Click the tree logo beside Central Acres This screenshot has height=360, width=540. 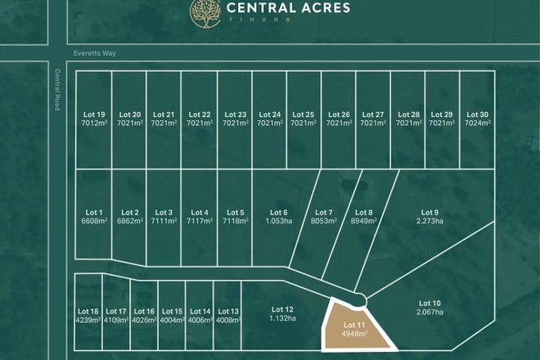pyautogui.click(x=205, y=11)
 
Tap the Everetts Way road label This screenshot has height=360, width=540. pyautogui.click(x=95, y=52)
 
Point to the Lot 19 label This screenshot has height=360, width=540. pyautogui.click(x=95, y=115)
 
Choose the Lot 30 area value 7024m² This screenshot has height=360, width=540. pyautogui.click(x=477, y=123)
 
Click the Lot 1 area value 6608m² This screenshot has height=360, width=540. pyautogui.click(x=95, y=221)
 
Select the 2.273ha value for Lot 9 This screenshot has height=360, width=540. pyautogui.click(x=430, y=221)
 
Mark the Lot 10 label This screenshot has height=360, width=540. pyautogui.click(x=430, y=303)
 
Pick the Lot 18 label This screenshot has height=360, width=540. pyautogui.click(x=88, y=312)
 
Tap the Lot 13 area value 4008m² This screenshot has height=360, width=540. pyautogui.click(x=229, y=320)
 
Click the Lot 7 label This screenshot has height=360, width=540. pyautogui.click(x=324, y=213)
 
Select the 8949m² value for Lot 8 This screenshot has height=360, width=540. pyautogui.click(x=364, y=221)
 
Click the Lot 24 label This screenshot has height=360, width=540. pyautogui.click(x=269, y=115)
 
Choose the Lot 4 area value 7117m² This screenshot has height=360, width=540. pyautogui.click(x=200, y=221)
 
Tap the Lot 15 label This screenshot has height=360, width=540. pyautogui.click(x=173, y=312)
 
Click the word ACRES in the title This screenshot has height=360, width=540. pyautogui.click(x=322, y=8)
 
